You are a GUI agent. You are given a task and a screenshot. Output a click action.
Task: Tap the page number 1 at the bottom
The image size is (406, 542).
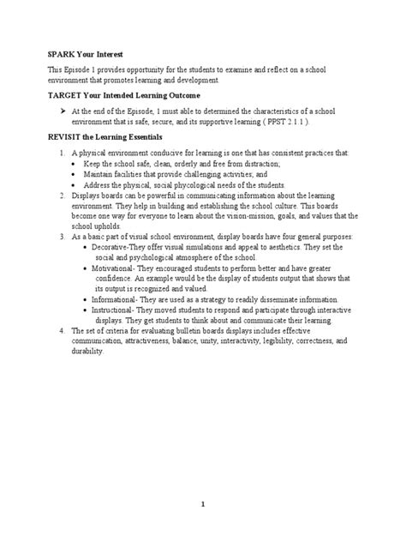tap(203, 504)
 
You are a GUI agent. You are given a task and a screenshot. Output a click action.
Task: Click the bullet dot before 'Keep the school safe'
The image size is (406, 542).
tap(74, 162)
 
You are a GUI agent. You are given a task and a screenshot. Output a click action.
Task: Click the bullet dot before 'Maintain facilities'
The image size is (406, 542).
tap(74, 173)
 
